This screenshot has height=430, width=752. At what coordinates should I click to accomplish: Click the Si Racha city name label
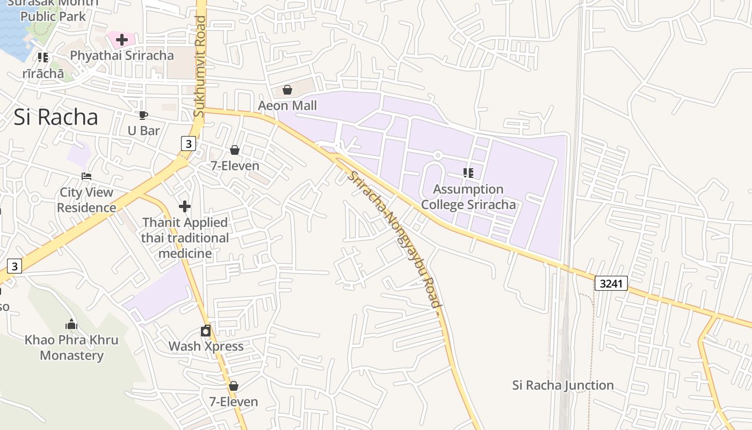coord(56,117)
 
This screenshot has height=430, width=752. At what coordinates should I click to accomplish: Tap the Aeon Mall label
coord(287,105)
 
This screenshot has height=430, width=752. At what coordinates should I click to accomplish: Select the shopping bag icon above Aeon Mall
coord(287,90)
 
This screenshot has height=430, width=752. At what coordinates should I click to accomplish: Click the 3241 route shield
coord(611,283)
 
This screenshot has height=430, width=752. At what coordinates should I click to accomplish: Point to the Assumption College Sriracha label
coord(468,197)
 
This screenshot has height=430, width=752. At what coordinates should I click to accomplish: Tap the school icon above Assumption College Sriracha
coord(468,173)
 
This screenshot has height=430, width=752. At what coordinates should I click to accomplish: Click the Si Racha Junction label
coord(563,385)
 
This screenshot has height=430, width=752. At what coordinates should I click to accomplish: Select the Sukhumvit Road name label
coord(200,67)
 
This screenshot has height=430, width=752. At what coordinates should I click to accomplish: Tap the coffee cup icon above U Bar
coord(143,115)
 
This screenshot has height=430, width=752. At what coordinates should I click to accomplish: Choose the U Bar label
coord(143,131)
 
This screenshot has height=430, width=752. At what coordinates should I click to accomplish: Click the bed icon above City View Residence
coord(86,176)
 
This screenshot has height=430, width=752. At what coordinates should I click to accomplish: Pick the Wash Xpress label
coord(206,346)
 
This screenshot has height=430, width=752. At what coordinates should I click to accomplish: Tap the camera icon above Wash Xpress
coord(206,331)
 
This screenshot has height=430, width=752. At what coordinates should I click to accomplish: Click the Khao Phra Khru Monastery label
coord(71,348)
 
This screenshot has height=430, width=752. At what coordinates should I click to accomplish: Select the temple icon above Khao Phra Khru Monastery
coord(71,324)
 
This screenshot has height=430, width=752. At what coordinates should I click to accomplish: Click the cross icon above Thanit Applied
coord(185,206)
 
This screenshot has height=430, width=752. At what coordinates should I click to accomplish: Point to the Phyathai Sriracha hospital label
coord(122,55)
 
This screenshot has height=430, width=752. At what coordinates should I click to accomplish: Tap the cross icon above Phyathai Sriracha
coord(122,39)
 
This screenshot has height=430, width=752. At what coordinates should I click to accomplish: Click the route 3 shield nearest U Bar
coord(187,144)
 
